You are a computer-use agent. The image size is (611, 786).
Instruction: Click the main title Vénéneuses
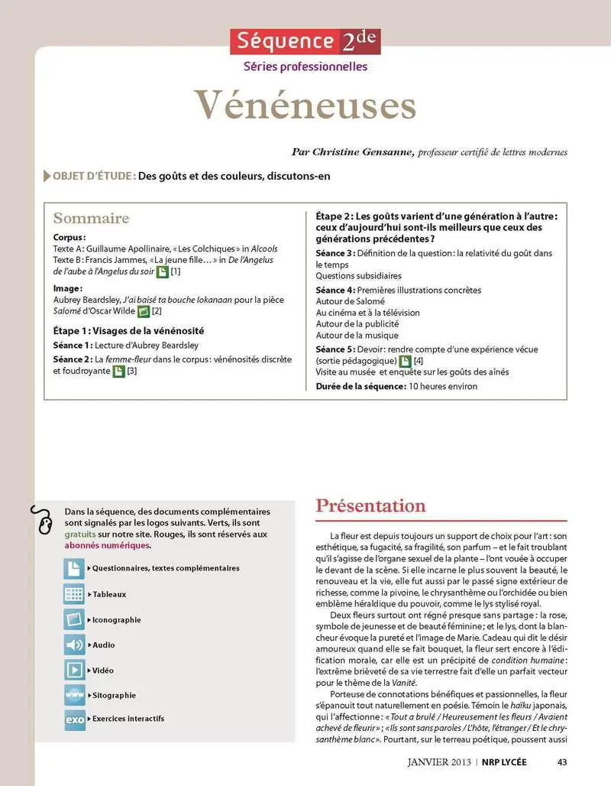point(305,106)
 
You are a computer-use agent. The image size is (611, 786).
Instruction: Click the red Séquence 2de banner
point(305,41)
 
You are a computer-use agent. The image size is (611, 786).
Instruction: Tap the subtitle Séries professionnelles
point(305,67)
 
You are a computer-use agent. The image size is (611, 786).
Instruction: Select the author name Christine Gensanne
point(363,152)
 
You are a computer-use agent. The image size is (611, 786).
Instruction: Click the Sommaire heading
point(91,219)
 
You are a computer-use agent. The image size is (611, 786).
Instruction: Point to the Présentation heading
point(370,506)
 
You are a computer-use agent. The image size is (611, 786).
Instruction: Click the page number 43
point(562,761)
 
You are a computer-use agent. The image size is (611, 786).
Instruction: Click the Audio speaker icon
point(75,645)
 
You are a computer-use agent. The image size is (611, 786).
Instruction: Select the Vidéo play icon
point(75,670)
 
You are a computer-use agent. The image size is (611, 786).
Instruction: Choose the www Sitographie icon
point(75,695)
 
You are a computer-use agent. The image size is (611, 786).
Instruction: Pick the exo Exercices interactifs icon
point(75,719)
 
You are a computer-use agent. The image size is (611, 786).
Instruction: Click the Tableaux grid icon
point(75,594)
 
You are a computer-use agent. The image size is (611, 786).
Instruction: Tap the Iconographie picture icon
point(75,619)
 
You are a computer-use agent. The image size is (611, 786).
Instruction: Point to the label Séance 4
point(335,290)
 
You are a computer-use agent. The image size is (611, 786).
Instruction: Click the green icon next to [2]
point(142,311)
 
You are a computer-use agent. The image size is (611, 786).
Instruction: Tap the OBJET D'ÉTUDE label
point(94,176)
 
